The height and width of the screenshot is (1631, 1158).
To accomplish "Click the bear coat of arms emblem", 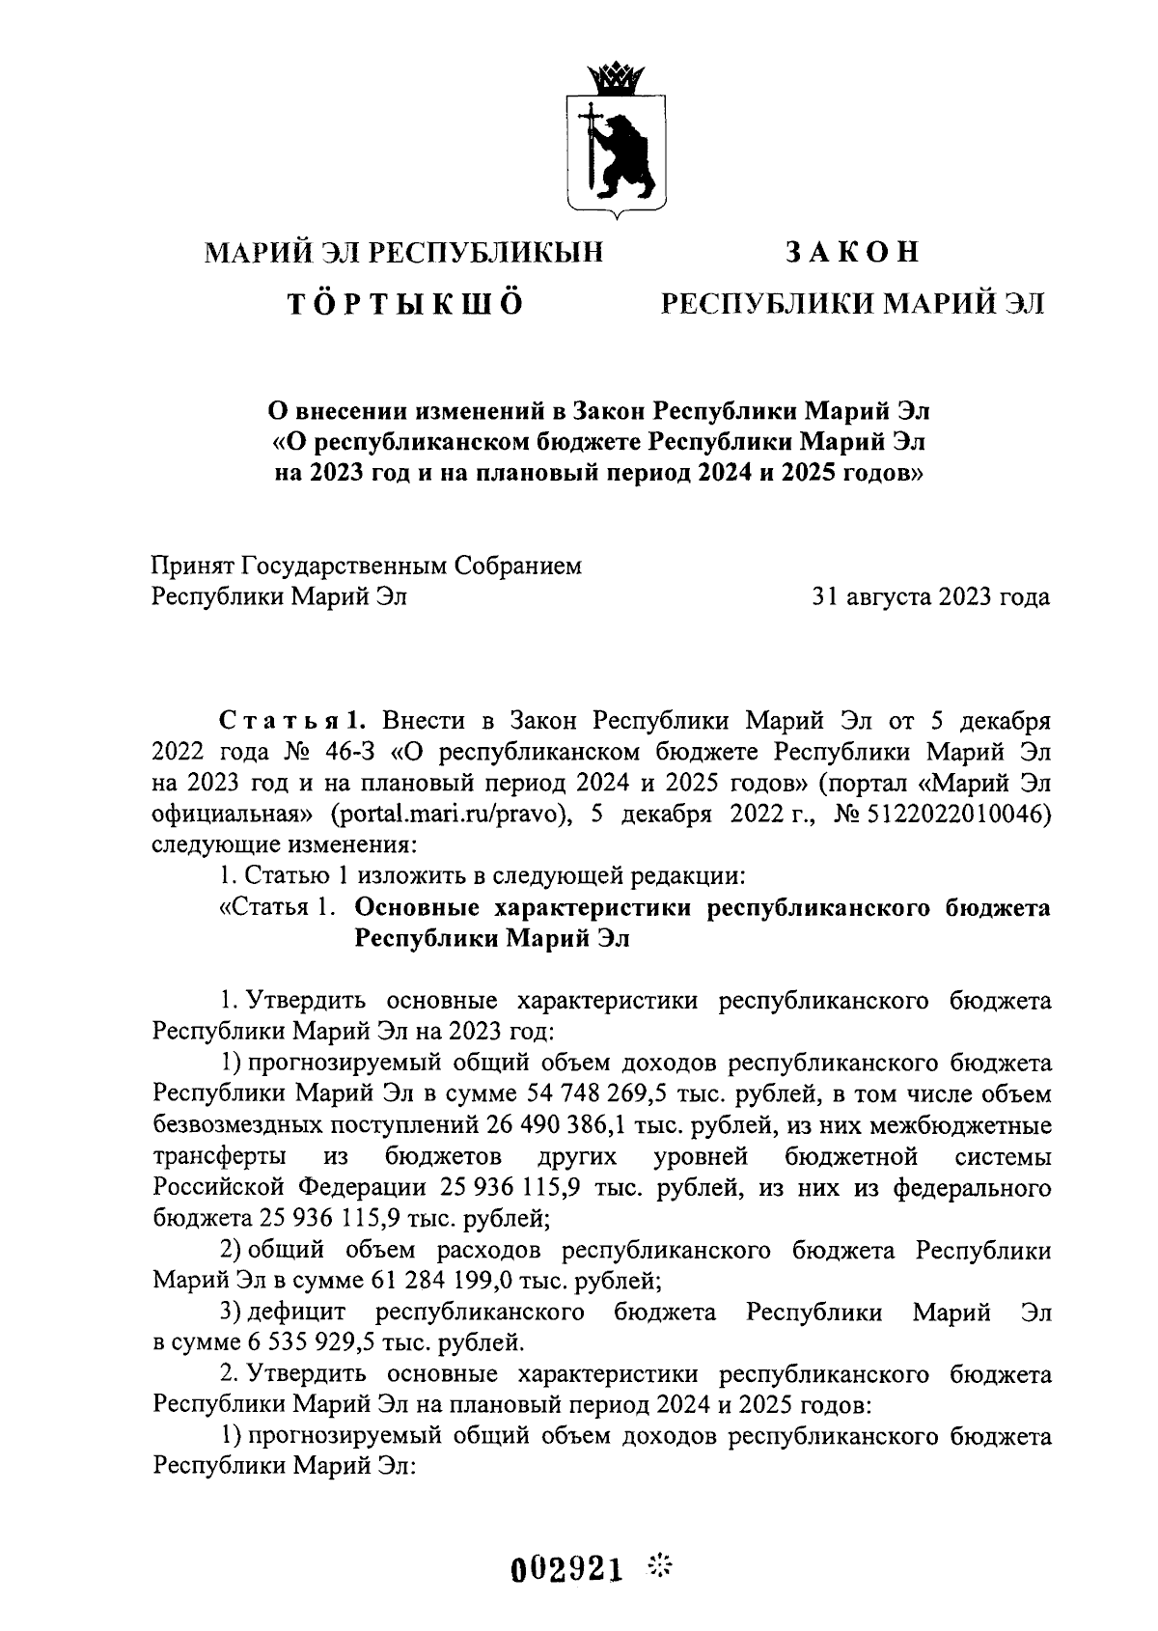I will (615, 150).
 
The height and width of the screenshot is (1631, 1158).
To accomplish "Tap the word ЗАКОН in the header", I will (852, 253).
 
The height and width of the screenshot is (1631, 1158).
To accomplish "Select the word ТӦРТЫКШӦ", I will (406, 304).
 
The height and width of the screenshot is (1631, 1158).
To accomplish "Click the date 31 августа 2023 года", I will (931, 597).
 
